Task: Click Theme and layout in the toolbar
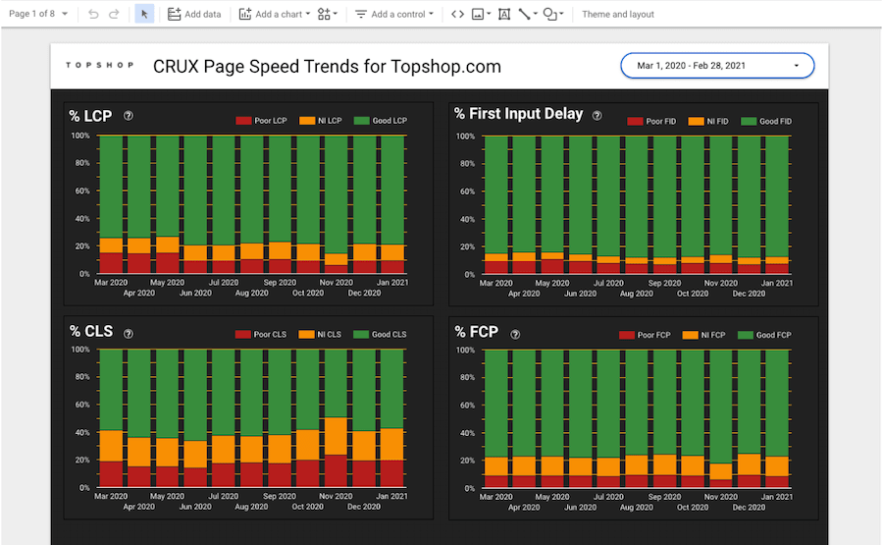(x=618, y=15)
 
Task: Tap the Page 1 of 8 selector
(x=38, y=15)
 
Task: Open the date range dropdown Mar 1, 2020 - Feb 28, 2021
(x=717, y=66)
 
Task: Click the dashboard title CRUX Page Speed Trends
(x=327, y=67)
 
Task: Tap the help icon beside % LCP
(x=129, y=116)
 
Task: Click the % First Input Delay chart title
(x=518, y=114)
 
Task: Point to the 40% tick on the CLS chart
(x=82, y=432)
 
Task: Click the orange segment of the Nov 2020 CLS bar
(x=337, y=436)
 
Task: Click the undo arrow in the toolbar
(x=93, y=15)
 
